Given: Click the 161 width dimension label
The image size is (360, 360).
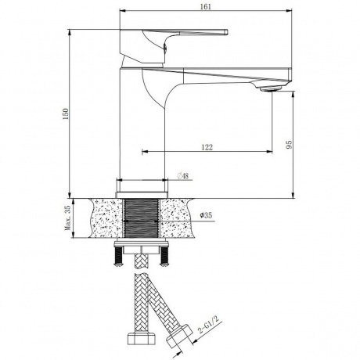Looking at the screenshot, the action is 206,7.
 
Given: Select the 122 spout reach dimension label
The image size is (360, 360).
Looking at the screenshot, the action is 207,147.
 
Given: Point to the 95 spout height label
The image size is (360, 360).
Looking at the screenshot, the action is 289,145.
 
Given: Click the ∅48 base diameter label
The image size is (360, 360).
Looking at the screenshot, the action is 182,176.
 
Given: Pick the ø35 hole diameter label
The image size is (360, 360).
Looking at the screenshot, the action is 206,215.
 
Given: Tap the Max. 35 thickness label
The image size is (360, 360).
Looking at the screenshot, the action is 67,218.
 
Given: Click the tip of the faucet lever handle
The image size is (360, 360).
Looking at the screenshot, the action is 226,32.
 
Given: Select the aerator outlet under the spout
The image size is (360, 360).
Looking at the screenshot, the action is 271,89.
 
